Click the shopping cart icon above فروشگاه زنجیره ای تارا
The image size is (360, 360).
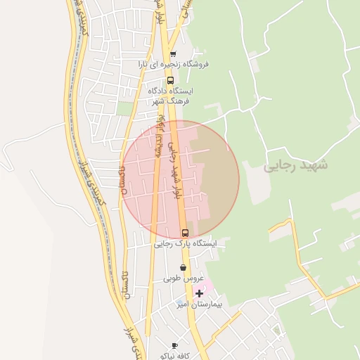click(173, 53)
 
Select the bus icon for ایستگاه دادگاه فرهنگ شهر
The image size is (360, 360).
click(169, 79)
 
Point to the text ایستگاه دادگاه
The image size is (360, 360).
click(171, 91)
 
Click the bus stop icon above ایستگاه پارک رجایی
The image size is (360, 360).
click(185, 233)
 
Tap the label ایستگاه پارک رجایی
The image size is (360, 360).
click(186, 243)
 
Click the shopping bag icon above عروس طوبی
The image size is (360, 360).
click(184, 267)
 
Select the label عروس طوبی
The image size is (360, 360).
click(179, 278)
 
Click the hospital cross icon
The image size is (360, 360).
click(200, 293)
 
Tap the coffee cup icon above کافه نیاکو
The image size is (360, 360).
click(174, 345)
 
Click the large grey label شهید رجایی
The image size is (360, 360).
click(295, 167)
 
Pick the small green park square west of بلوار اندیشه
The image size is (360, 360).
click(126, 108)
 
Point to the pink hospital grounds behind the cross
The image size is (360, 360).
click(210, 288)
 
